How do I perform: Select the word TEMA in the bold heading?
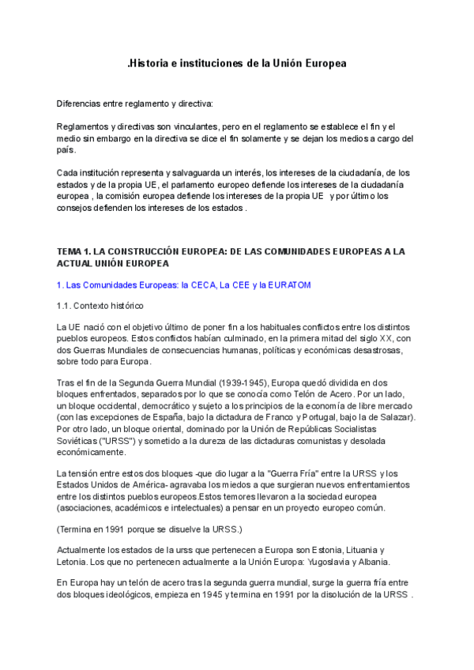point(71,251)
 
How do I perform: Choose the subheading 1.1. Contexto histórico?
point(100,305)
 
